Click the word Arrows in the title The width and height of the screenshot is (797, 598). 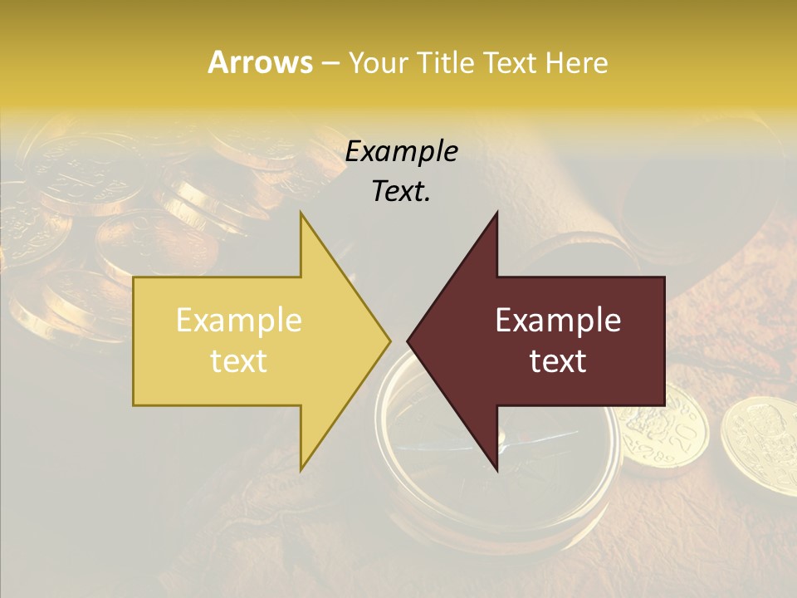pos(260,62)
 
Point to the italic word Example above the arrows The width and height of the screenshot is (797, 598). pos(401,151)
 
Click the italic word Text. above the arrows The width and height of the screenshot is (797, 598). pos(401,191)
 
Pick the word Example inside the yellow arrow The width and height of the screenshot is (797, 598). pos(238,321)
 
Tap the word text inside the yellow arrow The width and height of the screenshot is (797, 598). pos(238,361)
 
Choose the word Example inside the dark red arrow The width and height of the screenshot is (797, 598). pos(558,321)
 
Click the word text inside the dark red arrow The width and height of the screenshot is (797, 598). pos(558,361)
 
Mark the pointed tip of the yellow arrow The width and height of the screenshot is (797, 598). pos(389,341)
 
